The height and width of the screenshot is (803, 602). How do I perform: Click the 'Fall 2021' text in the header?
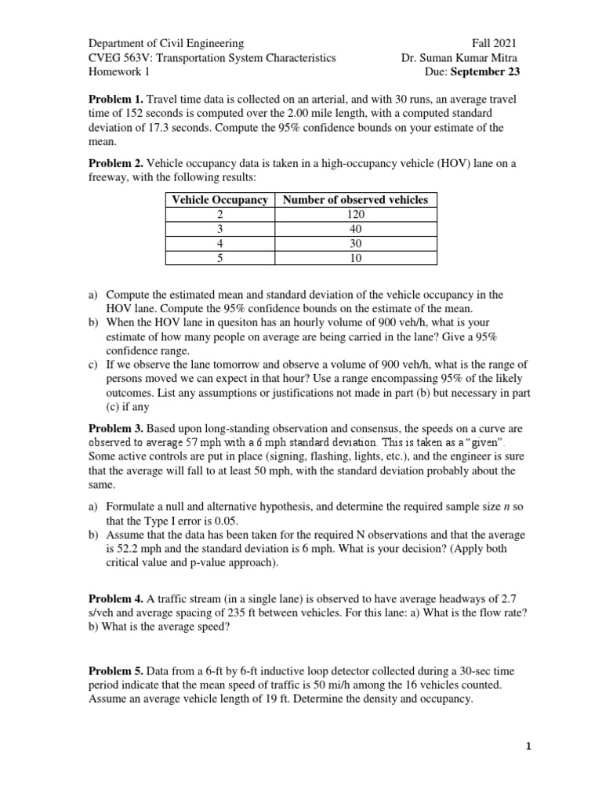coord(494,43)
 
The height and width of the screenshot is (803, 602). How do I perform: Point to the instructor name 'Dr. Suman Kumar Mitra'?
coord(459,57)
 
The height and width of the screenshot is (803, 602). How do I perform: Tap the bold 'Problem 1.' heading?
coord(115,100)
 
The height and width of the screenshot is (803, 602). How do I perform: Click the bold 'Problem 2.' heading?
coord(115,163)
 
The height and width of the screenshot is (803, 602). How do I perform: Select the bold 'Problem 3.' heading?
coord(115,429)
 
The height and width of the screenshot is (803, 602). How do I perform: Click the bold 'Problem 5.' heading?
coord(115,670)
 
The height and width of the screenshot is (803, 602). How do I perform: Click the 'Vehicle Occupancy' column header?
coord(219,200)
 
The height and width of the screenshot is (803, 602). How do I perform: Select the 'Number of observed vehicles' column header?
coord(355,200)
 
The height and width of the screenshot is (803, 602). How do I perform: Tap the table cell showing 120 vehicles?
coord(355,215)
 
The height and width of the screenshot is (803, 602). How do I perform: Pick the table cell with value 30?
coord(355,244)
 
